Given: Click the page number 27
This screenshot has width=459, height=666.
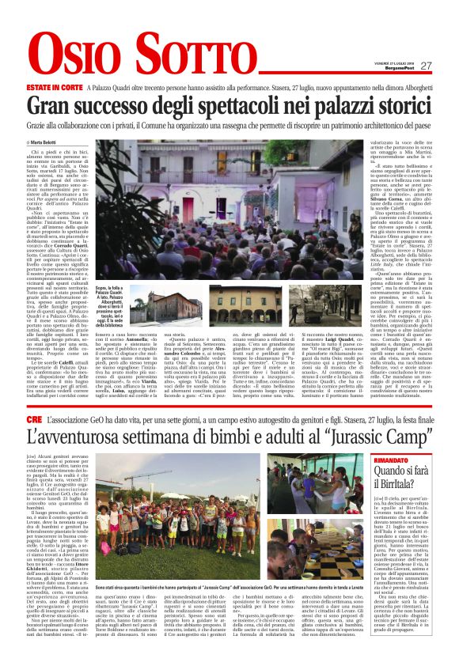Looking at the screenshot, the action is [426, 66].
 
